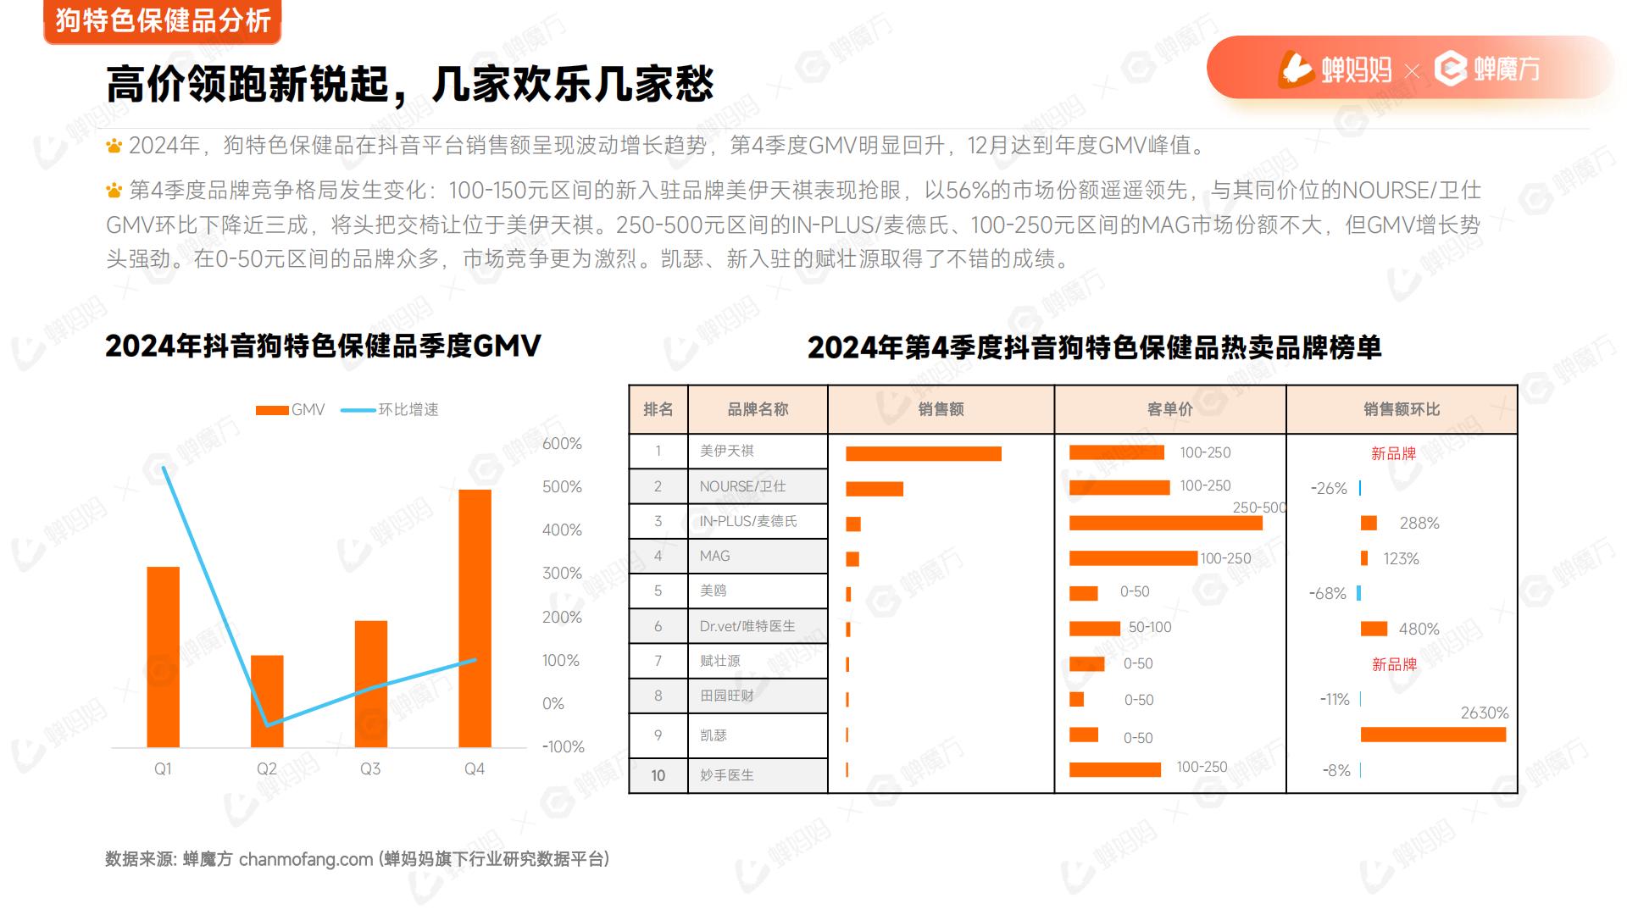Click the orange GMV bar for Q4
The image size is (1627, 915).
475,618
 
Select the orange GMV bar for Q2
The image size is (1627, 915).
267,701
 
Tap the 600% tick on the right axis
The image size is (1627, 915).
562,444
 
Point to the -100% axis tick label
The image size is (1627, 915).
563,746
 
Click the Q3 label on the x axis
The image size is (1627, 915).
370,768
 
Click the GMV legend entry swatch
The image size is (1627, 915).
272,410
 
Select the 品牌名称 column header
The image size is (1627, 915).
758,409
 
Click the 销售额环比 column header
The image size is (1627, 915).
1402,409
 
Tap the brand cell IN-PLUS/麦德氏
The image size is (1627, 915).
747,521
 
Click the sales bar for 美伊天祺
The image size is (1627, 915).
923,453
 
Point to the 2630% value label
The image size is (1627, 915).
1484,713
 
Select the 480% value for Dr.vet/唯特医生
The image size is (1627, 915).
1419,629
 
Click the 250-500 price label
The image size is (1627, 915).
1258,507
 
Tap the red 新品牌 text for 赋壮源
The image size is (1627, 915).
1394,664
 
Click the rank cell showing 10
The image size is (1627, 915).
658,775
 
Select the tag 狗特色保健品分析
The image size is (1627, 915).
163,20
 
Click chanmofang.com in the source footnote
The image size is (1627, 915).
305,859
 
